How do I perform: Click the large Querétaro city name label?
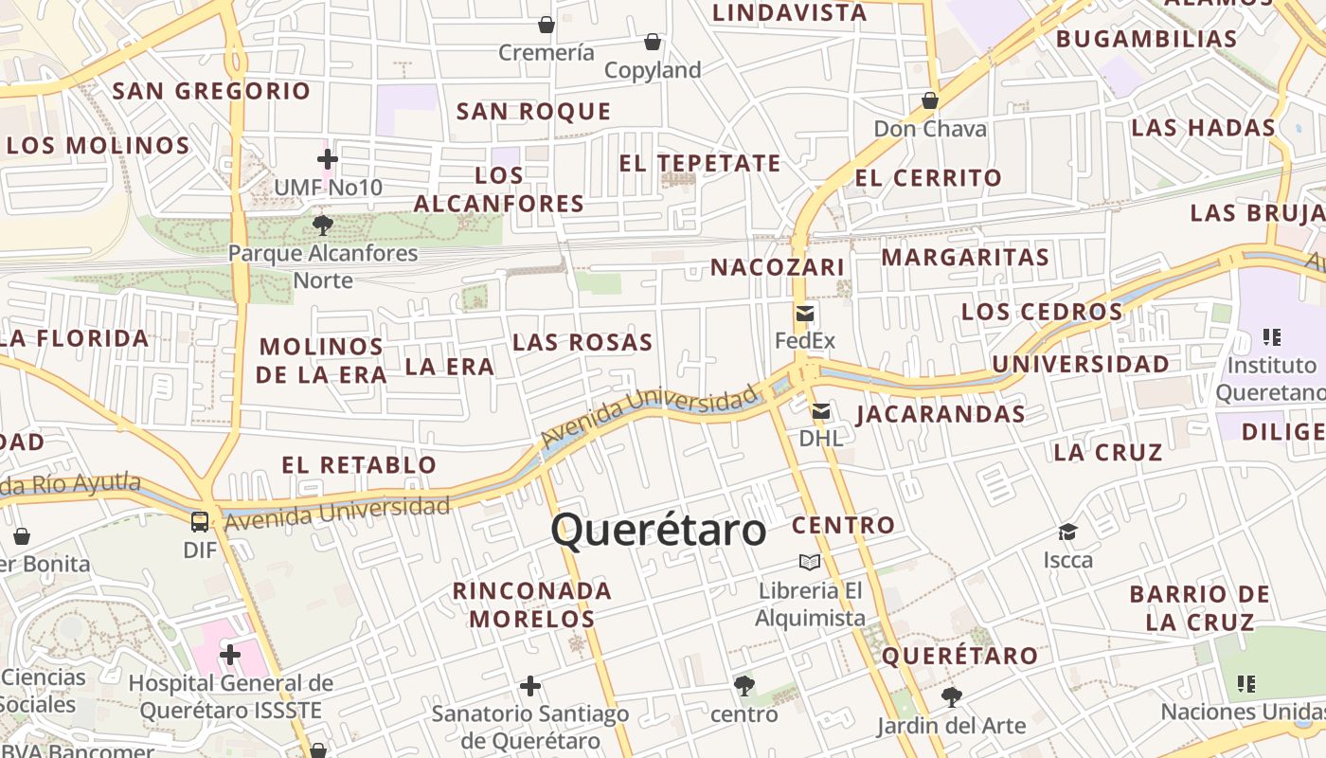[658, 531]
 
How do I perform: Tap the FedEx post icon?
[805, 314]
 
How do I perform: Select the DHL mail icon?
[820, 411]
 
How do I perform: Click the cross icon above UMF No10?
[328, 159]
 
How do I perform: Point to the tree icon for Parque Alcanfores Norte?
[322, 226]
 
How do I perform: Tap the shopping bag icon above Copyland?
[653, 42]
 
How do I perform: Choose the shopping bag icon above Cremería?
[547, 24]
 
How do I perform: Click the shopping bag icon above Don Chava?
[930, 100]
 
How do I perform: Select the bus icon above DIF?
[200, 521]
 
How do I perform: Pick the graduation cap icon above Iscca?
[1068, 532]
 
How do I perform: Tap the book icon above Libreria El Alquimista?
[810, 563]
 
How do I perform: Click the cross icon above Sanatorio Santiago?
[530, 686]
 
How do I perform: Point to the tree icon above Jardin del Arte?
[951, 698]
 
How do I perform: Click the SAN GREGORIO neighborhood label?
[211, 91]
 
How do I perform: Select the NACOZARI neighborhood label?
[778, 267]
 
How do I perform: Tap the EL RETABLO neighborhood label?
[359, 465]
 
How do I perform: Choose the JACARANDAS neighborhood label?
[941, 414]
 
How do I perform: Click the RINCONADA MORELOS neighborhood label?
[532, 605]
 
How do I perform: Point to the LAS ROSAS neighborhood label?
[582, 342]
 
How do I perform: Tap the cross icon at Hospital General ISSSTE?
[230, 655]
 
